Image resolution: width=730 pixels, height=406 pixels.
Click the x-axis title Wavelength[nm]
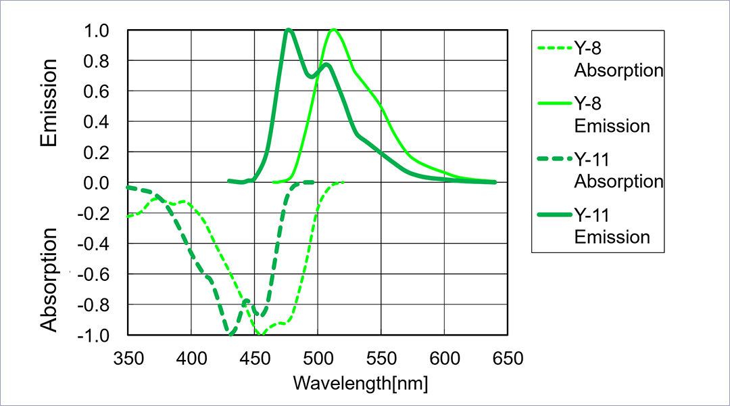point(360,382)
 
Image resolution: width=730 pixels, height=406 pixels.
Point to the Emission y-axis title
point(49,103)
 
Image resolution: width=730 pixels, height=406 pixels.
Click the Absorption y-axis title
point(49,279)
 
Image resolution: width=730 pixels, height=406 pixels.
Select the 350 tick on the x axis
point(128,358)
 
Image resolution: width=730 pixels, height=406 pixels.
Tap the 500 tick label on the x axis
point(318,358)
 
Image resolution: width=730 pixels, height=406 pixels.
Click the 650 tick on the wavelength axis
point(508,358)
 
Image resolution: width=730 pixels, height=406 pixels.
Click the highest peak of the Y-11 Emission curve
point(289,30)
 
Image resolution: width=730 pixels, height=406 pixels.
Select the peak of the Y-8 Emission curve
point(333,30)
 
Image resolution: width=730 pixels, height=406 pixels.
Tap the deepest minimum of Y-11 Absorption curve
point(231,334)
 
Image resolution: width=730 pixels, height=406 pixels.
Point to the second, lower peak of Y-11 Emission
point(326,65)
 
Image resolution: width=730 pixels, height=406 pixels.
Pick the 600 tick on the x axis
point(444,358)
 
